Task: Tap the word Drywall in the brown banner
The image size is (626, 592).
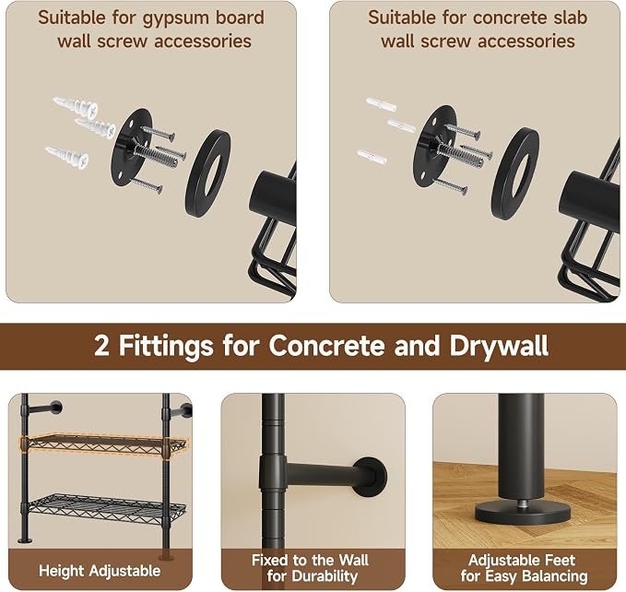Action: click(x=499, y=346)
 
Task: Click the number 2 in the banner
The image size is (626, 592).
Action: click(x=101, y=346)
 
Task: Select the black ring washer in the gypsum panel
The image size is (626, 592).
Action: click(x=207, y=173)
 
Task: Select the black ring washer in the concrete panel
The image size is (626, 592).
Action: click(x=515, y=173)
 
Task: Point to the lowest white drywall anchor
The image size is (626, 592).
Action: click(x=67, y=158)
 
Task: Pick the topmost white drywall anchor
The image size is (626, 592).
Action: click(x=76, y=107)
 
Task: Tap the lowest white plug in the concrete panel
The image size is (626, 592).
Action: click(x=372, y=156)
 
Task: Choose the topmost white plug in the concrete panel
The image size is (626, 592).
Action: click(x=382, y=104)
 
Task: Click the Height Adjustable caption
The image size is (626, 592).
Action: click(x=100, y=571)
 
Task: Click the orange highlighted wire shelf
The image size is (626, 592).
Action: click(x=104, y=444)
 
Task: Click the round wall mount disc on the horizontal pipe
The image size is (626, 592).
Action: click(x=371, y=477)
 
